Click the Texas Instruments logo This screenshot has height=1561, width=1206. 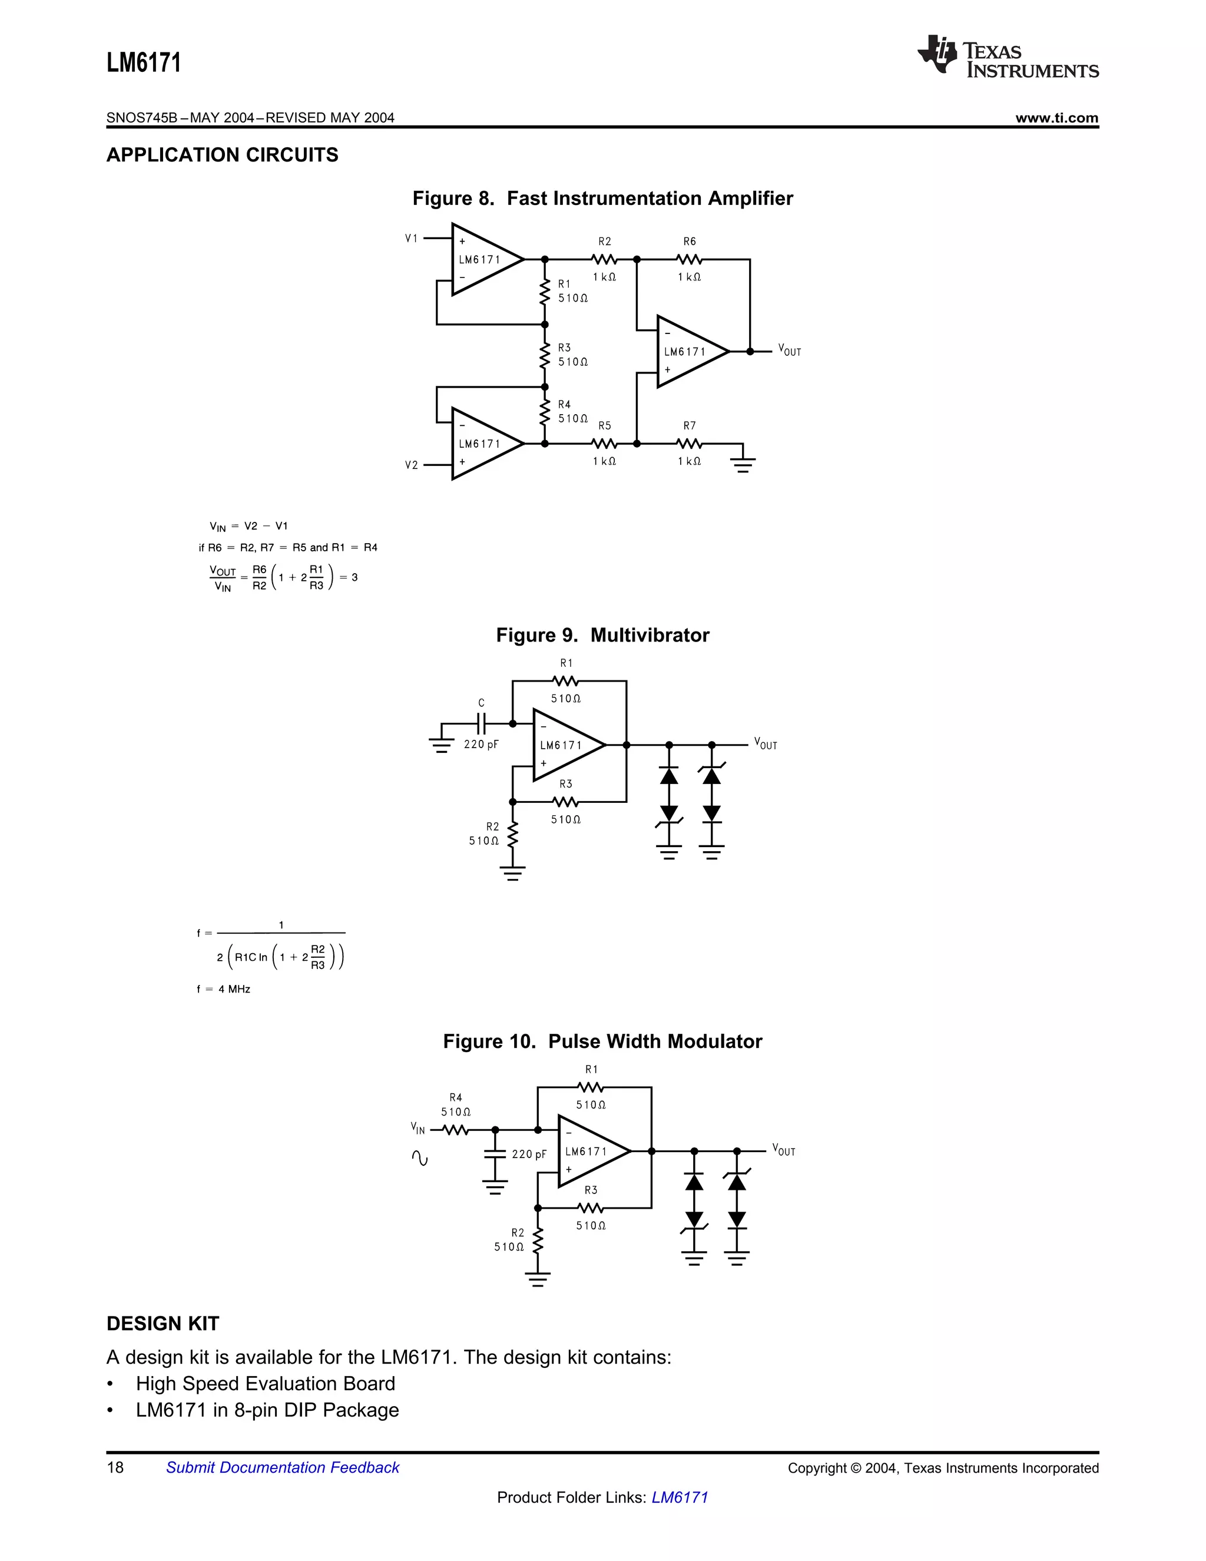pyautogui.click(x=1008, y=56)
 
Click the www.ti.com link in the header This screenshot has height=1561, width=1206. pyautogui.click(x=1056, y=118)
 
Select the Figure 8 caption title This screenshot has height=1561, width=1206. pyautogui.click(x=602, y=198)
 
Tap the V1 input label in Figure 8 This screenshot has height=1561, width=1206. pyautogui.click(x=412, y=238)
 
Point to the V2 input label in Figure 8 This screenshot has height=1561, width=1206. pyautogui.click(x=412, y=465)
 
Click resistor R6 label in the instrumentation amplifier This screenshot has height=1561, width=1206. pyautogui.click(x=690, y=242)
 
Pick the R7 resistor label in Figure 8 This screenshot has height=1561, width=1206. pyautogui.click(x=690, y=426)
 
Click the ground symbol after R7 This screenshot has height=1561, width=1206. pyautogui.click(x=743, y=463)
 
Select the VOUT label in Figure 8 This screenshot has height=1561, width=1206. pyautogui.click(x=790, y=350)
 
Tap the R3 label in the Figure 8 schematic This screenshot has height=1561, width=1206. pyautogui.click(x=564, y=348)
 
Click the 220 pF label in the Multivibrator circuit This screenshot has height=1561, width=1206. pyautogui.click(x=481, y=744)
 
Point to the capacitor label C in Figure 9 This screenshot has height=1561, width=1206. pyautogui.click(x=482, y=703)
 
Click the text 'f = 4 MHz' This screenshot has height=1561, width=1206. pyautogui.click(x=224, y=989)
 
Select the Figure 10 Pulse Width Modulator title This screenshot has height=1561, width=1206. pyautogui.click(x=602, y=1041)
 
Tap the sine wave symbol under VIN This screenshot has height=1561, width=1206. pyautogui.click(x=420, y=1158)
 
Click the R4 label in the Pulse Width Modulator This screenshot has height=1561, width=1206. pyautogui.click(x=456, y=1097)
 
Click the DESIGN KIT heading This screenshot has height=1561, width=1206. pyautogui.click(x=163, y=1324)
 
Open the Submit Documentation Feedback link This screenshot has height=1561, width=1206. pyautogui.click(x=282, y=1467)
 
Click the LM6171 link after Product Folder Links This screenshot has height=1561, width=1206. pyautogui.click(x=680, y=1497)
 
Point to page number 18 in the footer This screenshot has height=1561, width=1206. pyautogui.click(x=115, y=1467)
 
